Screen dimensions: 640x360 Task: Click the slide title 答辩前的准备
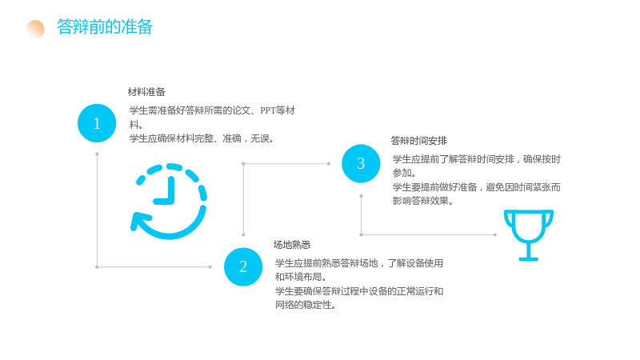click(x=105, y=27)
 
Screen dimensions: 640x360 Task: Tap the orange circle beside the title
click(x=35, y=29)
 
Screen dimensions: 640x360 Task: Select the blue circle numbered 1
click(x=97, y=123)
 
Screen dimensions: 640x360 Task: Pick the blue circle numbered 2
click(x=243, y=267)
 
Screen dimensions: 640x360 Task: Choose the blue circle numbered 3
click(x=361, y=164)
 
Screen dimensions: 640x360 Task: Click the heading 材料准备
click(x=146, y=92)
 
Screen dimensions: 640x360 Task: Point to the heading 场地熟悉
click(x=292, y=245)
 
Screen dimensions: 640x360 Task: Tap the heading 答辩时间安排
click(x=418, y=141)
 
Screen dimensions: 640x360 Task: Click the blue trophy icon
click(x=529, y=235)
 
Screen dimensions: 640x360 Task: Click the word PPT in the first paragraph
click(x=267, y=110)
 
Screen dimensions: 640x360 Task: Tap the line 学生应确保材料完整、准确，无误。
click(x=202, y=138)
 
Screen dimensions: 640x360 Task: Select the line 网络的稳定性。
click(x=306, y=305)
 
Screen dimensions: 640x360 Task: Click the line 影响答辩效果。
click(x=423, y=201)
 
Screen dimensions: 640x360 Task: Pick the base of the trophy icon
click(x=529, y=258)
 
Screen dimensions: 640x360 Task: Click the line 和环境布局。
click(x=301, y=277)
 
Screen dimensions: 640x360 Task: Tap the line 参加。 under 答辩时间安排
click(x=405, y=173)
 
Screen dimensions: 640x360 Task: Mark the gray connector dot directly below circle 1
click(x=97, y=154)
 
